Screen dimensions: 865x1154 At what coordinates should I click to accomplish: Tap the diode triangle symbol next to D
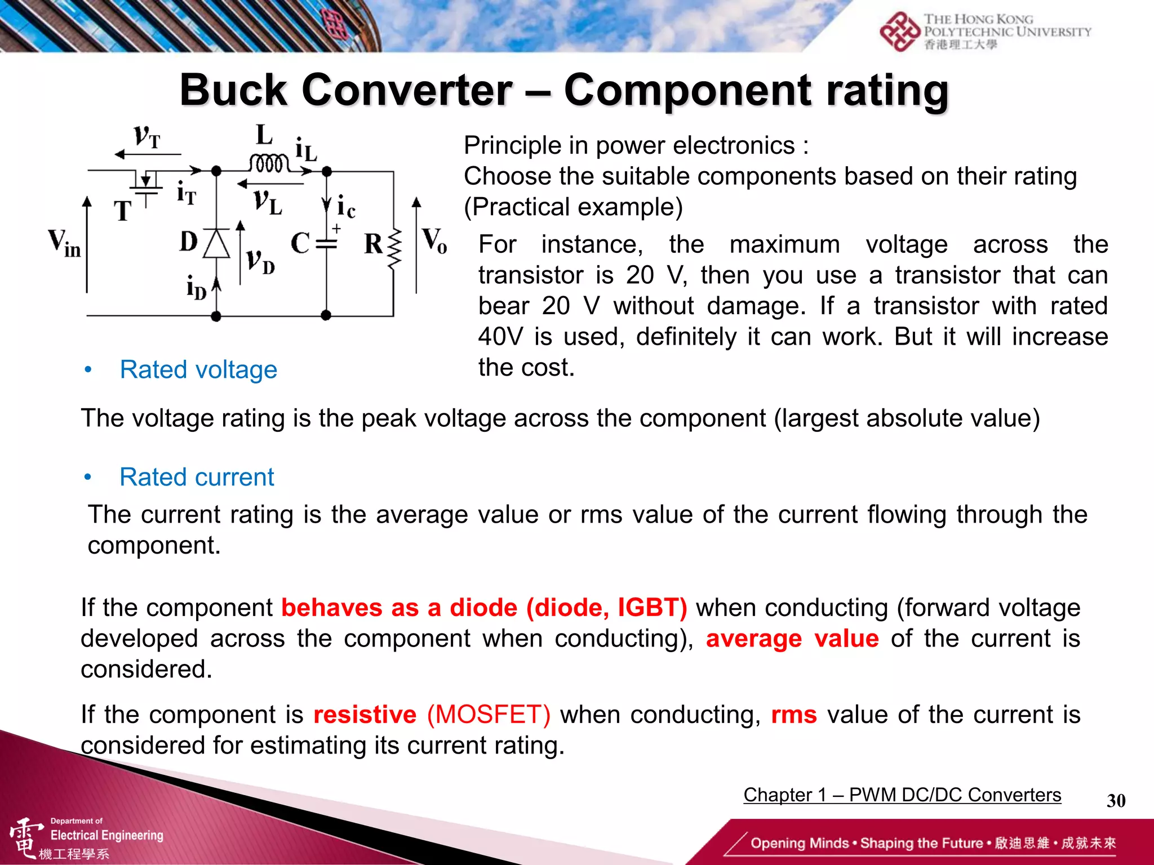[x=216, y=244]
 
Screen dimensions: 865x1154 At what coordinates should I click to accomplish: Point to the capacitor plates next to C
[x=326, y=244]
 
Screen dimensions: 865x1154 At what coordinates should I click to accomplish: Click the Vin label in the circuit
[x=64, y=243]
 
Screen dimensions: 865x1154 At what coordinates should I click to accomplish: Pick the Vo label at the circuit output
[x=434, y=241]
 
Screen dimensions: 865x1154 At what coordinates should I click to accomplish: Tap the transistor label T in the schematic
[x=123, y=211]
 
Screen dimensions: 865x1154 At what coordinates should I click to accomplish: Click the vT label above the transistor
[x=147, y=137]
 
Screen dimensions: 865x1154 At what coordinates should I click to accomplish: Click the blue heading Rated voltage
[x=198, y=370]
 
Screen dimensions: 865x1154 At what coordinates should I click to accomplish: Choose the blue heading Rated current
[x=197, y=478]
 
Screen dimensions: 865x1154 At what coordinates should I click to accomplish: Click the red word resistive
[x=365, y=715]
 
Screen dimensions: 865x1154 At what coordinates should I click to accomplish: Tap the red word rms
[x=793, y=715]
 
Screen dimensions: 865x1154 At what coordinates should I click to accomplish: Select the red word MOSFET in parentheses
[x=489, y=715]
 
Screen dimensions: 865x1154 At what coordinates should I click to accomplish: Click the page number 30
[x=1116, y=801]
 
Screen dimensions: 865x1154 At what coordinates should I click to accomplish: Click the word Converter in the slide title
[x=407, y=90]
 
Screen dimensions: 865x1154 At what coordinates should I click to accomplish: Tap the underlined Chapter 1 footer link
[x=902, y=795]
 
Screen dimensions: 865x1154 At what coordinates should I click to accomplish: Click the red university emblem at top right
[x=899, y=32]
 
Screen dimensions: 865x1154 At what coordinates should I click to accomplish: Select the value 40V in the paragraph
[x=500, y=337]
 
